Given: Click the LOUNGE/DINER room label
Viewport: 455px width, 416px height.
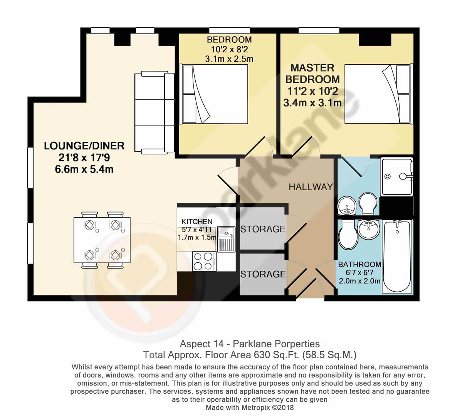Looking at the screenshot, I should coord(84,146).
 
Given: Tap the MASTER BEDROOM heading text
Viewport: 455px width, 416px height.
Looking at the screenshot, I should coord(312,74).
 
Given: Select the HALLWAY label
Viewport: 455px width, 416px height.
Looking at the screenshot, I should coord(311,187).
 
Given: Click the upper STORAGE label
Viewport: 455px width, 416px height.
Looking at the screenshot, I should coord(263,229).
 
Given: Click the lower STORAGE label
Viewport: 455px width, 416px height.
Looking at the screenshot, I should coord(263,274).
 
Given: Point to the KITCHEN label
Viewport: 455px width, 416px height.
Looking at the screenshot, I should coord(197,221).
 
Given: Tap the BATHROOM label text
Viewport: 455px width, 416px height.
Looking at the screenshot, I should coord(359,265).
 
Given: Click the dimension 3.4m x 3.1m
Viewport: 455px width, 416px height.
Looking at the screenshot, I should coord(312,103).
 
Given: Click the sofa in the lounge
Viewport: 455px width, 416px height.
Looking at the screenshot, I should coord(154,112).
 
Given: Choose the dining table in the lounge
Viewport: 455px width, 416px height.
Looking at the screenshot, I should coord(102,240).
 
